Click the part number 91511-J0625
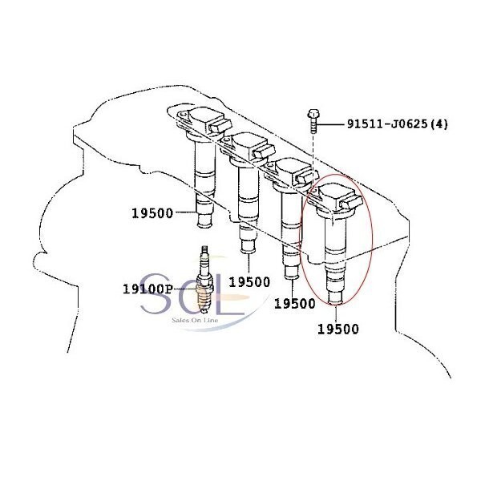coord(387,124)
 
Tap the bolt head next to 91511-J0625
coord(313,114)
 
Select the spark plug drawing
coord(204,279)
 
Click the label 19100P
coord(148,289)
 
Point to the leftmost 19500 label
coord(152,213)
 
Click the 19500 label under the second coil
coord(249,282)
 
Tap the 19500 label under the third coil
coord(294,304)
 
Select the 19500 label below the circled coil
coord(338,329)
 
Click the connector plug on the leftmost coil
coord(219,126)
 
